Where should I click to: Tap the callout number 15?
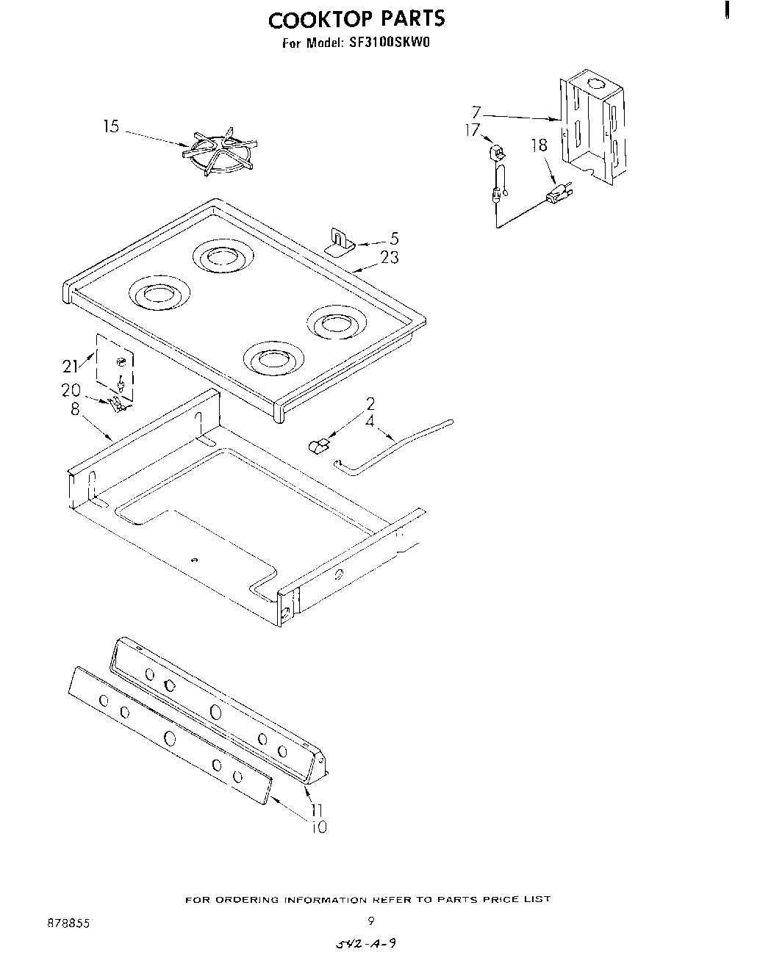pos(110,127)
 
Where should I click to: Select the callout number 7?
pos(476,112)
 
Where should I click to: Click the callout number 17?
pos(473,130)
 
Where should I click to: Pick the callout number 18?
pos(539,145)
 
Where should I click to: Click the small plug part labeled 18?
pos(559,195)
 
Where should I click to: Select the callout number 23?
pos(390,257)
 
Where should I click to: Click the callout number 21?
pos(70,367)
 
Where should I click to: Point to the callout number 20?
pos(71,391)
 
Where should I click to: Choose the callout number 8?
pos(74,409)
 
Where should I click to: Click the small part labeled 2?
pos(318,445)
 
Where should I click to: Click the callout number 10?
pos(318,827)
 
